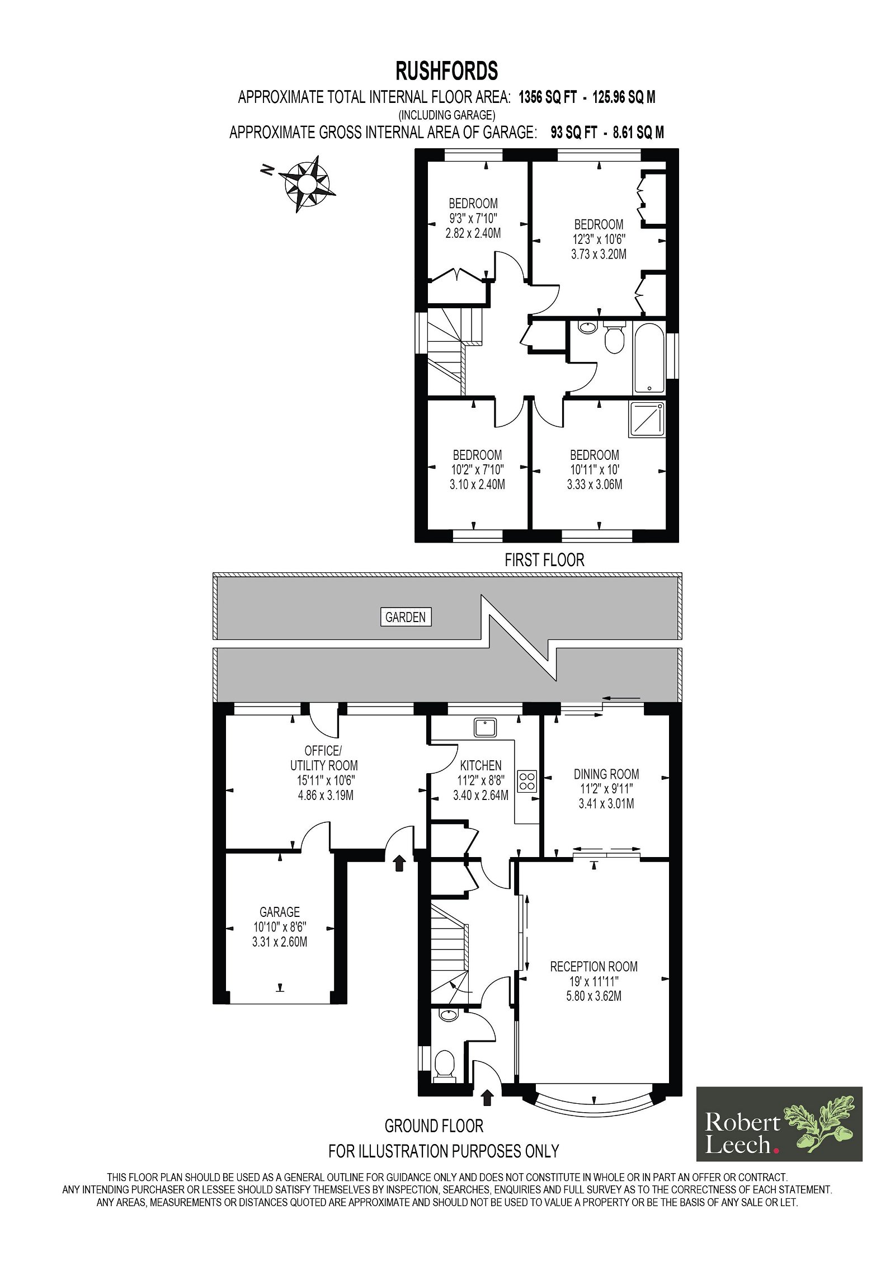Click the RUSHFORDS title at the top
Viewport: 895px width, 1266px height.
click(x=446, y=71)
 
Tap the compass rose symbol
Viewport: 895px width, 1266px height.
click(x=307, y=183)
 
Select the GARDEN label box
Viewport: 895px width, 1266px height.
click(x=406, y=617)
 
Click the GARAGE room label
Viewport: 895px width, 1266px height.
click(x=280, y=912)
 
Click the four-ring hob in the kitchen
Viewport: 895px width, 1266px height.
click(x=527, y=781)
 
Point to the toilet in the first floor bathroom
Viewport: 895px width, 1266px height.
click(x=614, y=337)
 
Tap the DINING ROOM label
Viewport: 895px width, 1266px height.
click(x=606, y=774)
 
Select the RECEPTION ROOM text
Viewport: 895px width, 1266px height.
click(x=593, y=966)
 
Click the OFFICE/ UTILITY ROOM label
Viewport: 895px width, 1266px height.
click(x=324, y=758)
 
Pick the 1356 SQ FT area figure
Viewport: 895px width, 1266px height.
click(x=547, y=97)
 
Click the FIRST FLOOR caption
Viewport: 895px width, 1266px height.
click(x=544, y=560)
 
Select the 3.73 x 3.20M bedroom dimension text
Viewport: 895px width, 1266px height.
click(x=599, y=254)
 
